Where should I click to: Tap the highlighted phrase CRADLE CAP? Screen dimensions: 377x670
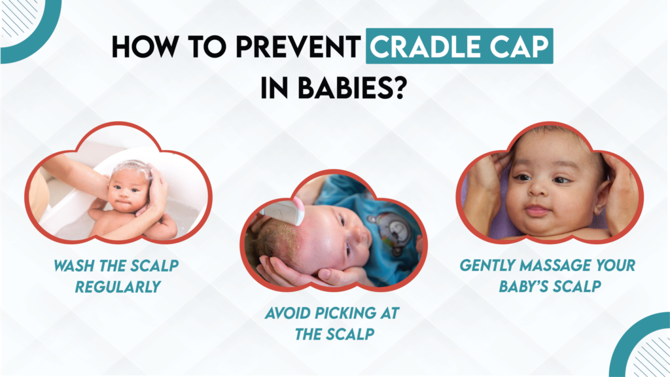click(x=459, y=48)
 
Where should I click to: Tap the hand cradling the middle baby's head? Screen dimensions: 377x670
click(x=294, y=268)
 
